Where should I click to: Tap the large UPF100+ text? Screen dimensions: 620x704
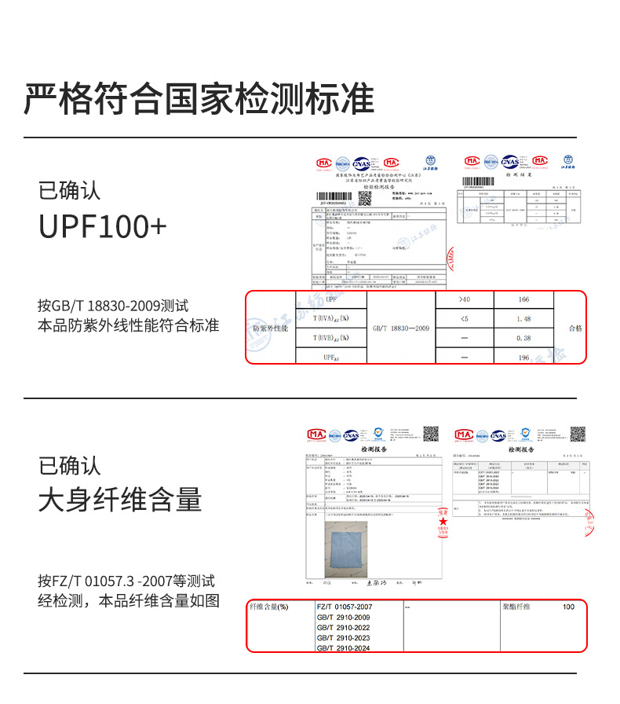pyautogui.click(x=103, y=227)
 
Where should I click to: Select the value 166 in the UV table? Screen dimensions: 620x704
pyautogui.click(x=524, y=299)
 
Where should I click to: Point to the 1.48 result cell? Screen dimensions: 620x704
pyautogui.click(x=524, y=319)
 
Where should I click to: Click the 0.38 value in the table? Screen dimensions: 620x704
pyautogui.click(x=524, y=339)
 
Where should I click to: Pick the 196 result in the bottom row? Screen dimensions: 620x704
pyautogui.click(x=524, y=357)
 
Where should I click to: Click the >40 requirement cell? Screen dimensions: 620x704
pyautogui.click(x=465, y=299)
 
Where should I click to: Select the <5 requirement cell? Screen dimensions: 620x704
pyautogui.click(x=465, y=319)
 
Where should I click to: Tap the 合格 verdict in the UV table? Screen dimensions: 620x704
pyautogui.click(x=574, y=328)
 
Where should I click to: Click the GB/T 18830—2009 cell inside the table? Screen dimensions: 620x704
pyautogui.click(x=401, y=328)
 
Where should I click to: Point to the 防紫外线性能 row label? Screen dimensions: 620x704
pyautogui.click(x=270, y=328)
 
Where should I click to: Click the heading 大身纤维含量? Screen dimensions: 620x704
pyautogui.click(x=120, y=500)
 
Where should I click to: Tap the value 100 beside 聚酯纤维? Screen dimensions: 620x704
pyautogui.click(x=568, y=607)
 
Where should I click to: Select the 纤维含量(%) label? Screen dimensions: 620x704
pyautogui.click(x=269, y=607)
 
